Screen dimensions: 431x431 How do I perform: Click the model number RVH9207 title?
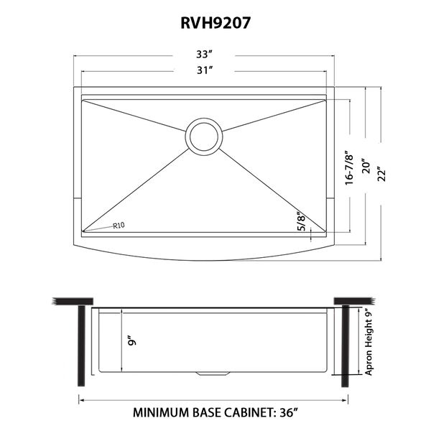pos(215,23)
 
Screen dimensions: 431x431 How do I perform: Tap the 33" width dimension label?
pos(205,55)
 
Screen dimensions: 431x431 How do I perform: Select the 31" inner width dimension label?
pos(205,70)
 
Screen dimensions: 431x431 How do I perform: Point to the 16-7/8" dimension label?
pos(348,167)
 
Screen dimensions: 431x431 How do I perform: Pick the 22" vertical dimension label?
pos(382,174)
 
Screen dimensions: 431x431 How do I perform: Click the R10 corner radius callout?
pos(119,226)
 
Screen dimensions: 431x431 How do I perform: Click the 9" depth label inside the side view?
pos(132,342)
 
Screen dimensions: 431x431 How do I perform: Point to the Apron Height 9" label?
pos(369,342)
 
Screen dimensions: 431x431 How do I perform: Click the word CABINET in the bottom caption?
pos(249,413)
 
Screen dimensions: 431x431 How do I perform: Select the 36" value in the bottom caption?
pos(289,413)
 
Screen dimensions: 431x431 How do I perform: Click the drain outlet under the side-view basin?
pos(213,374)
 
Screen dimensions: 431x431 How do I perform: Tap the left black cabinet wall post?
pos(81,346)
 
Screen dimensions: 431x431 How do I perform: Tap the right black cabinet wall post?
pos(346,346)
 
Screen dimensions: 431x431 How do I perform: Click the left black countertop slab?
pos(73,301)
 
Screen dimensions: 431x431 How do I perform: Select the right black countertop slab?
pos(355,301)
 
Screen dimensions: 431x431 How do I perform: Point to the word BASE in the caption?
pos(207,413)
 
